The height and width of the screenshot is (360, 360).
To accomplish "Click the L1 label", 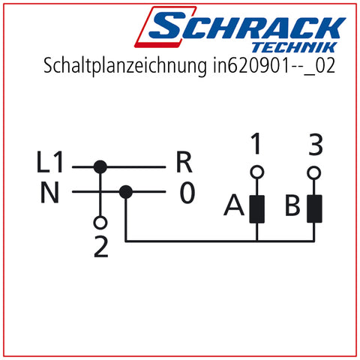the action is pyautogui.click(x=49, y=162).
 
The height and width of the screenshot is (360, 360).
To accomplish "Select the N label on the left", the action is pyautogui.click(x=49, y=192).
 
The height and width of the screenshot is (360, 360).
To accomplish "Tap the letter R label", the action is pyautogui.click(x=184, y=162).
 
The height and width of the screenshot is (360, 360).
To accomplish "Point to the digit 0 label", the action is pyautogui.click(x=187, y=192).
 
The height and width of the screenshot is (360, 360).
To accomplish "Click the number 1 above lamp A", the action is pyautogui.click(x=256, y=143).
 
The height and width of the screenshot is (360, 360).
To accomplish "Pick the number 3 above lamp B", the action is pyautogui.click(x=316, y=144).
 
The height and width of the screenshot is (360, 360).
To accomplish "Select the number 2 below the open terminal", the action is pyautogui.click(x=101, y=247).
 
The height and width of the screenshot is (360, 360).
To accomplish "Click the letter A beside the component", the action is pyautogui.click(x=234, y=205).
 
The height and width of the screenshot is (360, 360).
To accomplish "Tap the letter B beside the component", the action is pyautogui.click(x=292, y=205).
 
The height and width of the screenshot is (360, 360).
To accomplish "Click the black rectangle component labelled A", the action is pyautogui.click(x=257, y=209).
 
